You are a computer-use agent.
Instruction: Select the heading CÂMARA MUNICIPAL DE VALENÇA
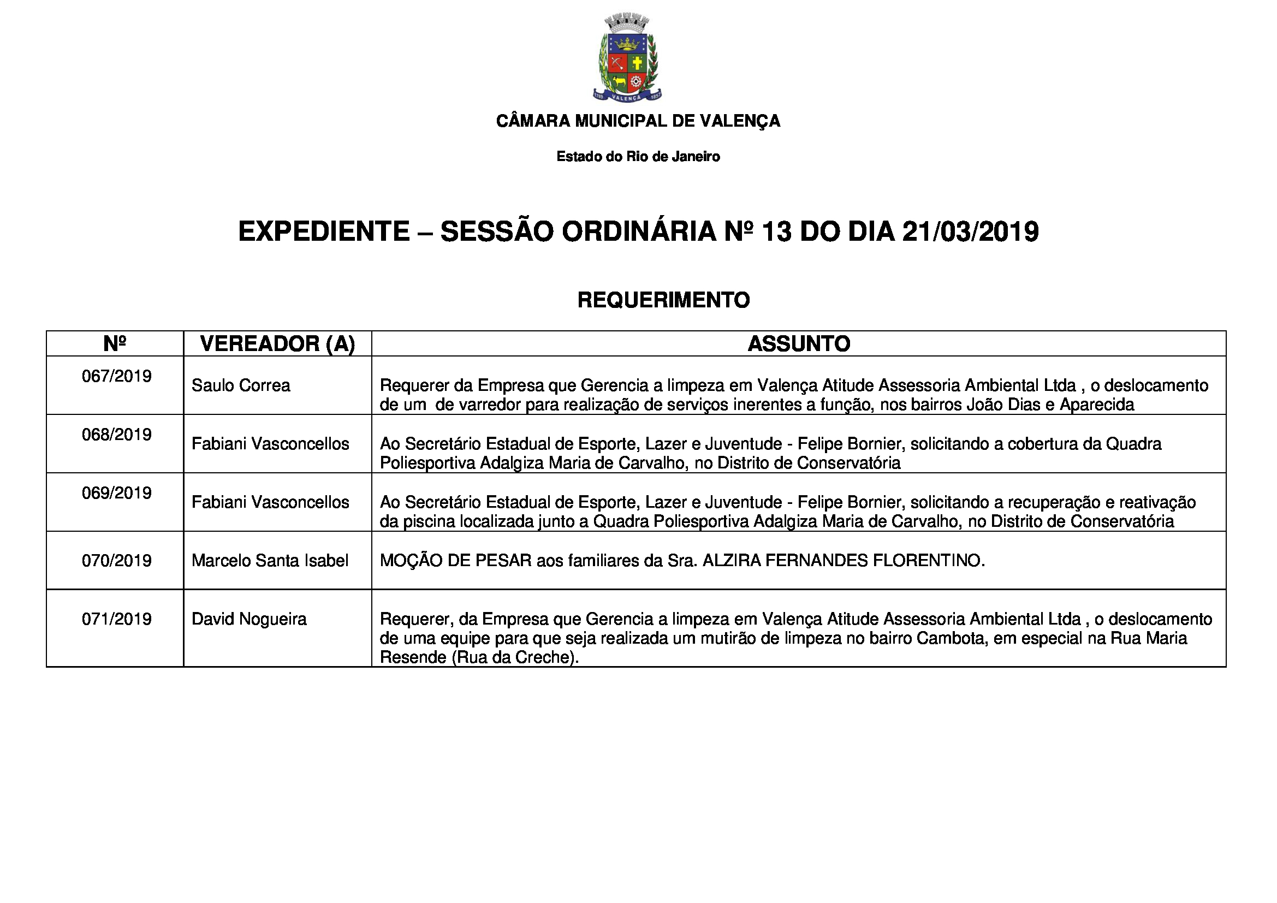point(638,121)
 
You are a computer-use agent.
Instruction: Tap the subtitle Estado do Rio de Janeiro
point(638,157)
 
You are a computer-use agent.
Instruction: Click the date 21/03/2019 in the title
point(970,232)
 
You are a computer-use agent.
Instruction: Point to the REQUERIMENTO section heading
point(663,300)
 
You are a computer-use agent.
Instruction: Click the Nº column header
point(115,343)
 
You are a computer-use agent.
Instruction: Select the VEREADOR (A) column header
point(277,344)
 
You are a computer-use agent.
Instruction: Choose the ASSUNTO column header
point(799,344)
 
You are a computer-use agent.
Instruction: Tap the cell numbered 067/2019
point(116,377)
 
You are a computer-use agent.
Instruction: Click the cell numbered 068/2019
point(116,435)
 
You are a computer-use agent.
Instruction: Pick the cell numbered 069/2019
point(116,493)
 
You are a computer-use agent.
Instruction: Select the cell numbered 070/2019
point(116,561)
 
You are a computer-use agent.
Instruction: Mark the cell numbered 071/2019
point(116,619)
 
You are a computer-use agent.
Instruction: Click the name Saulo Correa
point(240,386)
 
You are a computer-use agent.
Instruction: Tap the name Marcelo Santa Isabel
point(270,561)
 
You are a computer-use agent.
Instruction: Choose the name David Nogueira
point(248,619)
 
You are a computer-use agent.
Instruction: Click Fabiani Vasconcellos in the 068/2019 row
point(270,444)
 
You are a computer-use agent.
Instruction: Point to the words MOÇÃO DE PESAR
point(455,561)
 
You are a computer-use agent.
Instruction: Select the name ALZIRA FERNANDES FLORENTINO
point(843,561)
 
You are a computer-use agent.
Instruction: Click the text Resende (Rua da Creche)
point(479,658)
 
